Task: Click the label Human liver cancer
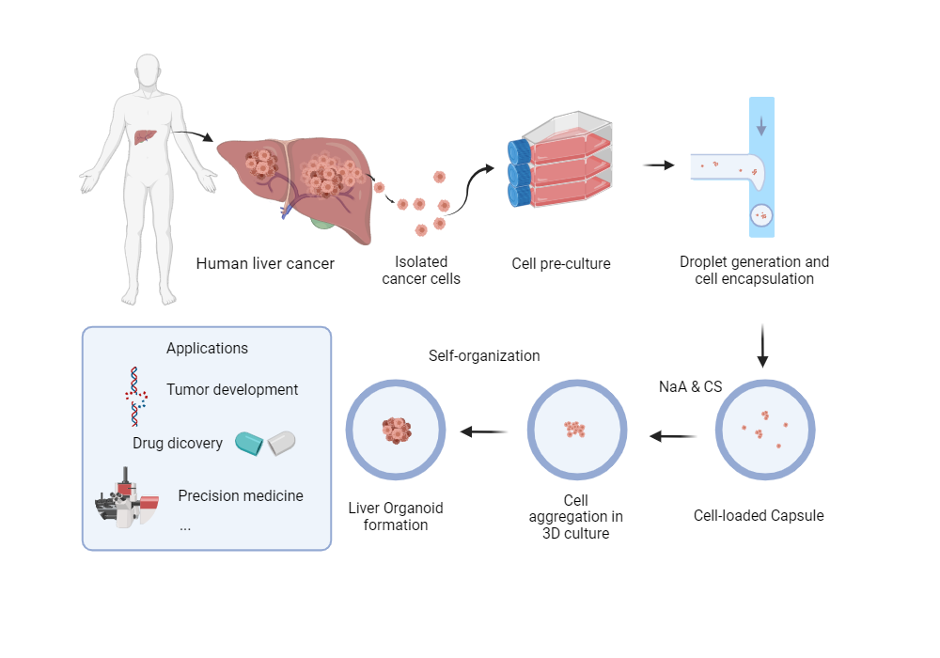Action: point(265,263)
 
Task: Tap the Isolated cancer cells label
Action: point(421,270)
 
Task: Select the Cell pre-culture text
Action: point(561,264)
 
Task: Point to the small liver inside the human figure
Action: point(142,136)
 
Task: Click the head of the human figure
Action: point(147,73)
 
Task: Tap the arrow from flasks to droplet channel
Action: point(659,165)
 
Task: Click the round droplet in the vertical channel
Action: point(761,217)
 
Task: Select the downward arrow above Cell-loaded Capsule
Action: point(762,346)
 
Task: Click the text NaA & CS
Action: point(690,386)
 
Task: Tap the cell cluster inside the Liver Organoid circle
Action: point(396,431)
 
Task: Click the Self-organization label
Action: point(484,356)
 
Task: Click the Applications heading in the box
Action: point(207,348)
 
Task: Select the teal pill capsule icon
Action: point(250,443)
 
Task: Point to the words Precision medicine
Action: point(241,495)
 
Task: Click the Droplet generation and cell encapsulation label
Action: point(755,270)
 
